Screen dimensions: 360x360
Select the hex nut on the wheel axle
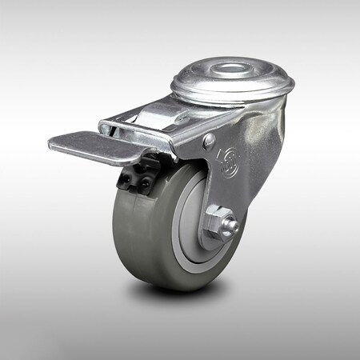pos(215,224)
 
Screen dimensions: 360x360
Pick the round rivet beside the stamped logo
pos(209,141)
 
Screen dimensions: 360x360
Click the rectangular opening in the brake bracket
pos(152,126)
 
